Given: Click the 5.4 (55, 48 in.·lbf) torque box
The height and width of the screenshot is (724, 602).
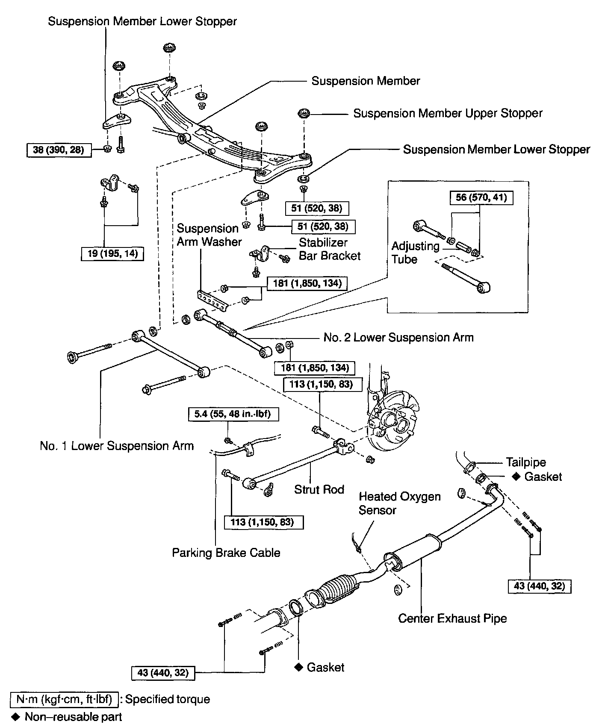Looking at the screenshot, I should (x=233, y=414).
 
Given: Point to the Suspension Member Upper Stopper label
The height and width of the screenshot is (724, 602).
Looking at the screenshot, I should (x=448, y=113).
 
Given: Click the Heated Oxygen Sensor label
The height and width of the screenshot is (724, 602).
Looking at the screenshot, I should (x=399, y=503).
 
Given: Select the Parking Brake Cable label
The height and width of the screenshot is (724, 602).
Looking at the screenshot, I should (x=226, y=553).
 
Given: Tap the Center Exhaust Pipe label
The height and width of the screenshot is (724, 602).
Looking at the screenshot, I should (x=452, y=618).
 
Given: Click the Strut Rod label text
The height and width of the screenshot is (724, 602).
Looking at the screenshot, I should (x=319, y=489).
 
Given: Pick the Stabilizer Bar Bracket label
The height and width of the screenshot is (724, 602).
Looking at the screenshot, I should (x=329, y=249).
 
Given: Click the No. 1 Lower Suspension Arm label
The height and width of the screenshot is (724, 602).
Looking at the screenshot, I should (x=117, y=446).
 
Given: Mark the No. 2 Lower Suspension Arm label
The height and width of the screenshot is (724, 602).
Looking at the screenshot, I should (x=398, y=338).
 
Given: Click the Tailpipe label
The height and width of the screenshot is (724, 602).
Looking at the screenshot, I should (x=526, y=462).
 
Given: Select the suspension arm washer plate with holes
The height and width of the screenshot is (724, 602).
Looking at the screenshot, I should (x=211, y=300).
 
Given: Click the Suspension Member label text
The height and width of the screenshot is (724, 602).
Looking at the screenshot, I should (x=366, y=81).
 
